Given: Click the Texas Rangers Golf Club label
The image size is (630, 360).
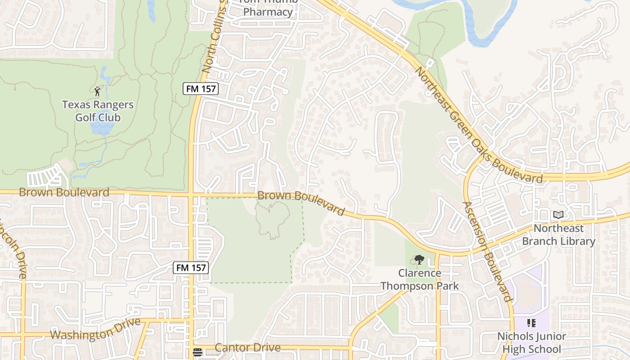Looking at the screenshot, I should click(x=98, y=111).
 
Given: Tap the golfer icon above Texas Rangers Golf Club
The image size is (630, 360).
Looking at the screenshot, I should click(x=97, y=91).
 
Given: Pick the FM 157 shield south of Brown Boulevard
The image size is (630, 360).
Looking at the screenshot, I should click(x=191, y=268).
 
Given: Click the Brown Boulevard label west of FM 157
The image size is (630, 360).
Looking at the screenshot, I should click(x=64, y=193).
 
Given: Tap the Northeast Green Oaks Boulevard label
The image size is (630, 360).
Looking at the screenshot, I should click(x=478, y=125).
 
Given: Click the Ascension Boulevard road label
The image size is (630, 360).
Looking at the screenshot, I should click(x=488, y=252).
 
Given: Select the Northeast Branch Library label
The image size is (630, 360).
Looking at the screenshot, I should click(x=558, y=235).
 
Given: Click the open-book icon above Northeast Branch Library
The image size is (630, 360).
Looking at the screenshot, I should click(x=558, y=215).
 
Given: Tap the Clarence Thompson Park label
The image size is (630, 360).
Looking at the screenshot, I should click(x=419, y=279).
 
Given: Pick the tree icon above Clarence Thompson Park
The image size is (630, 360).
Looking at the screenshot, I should click(x=419, y=260).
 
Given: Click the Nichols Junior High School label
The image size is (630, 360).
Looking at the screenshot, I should click(x=531, y=342).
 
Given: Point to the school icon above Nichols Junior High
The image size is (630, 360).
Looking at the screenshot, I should click(x=531, y=323).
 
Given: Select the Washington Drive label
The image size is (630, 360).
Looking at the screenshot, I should click(x=95, y=332).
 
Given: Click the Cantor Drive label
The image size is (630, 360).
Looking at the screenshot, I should click(x=247, y=348).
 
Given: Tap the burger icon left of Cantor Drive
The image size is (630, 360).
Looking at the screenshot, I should click(x=197, y=352).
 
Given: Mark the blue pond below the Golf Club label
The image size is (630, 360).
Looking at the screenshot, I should click(x=101, y=128).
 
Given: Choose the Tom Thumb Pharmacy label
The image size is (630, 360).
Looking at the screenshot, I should click(x=268, y=8).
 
